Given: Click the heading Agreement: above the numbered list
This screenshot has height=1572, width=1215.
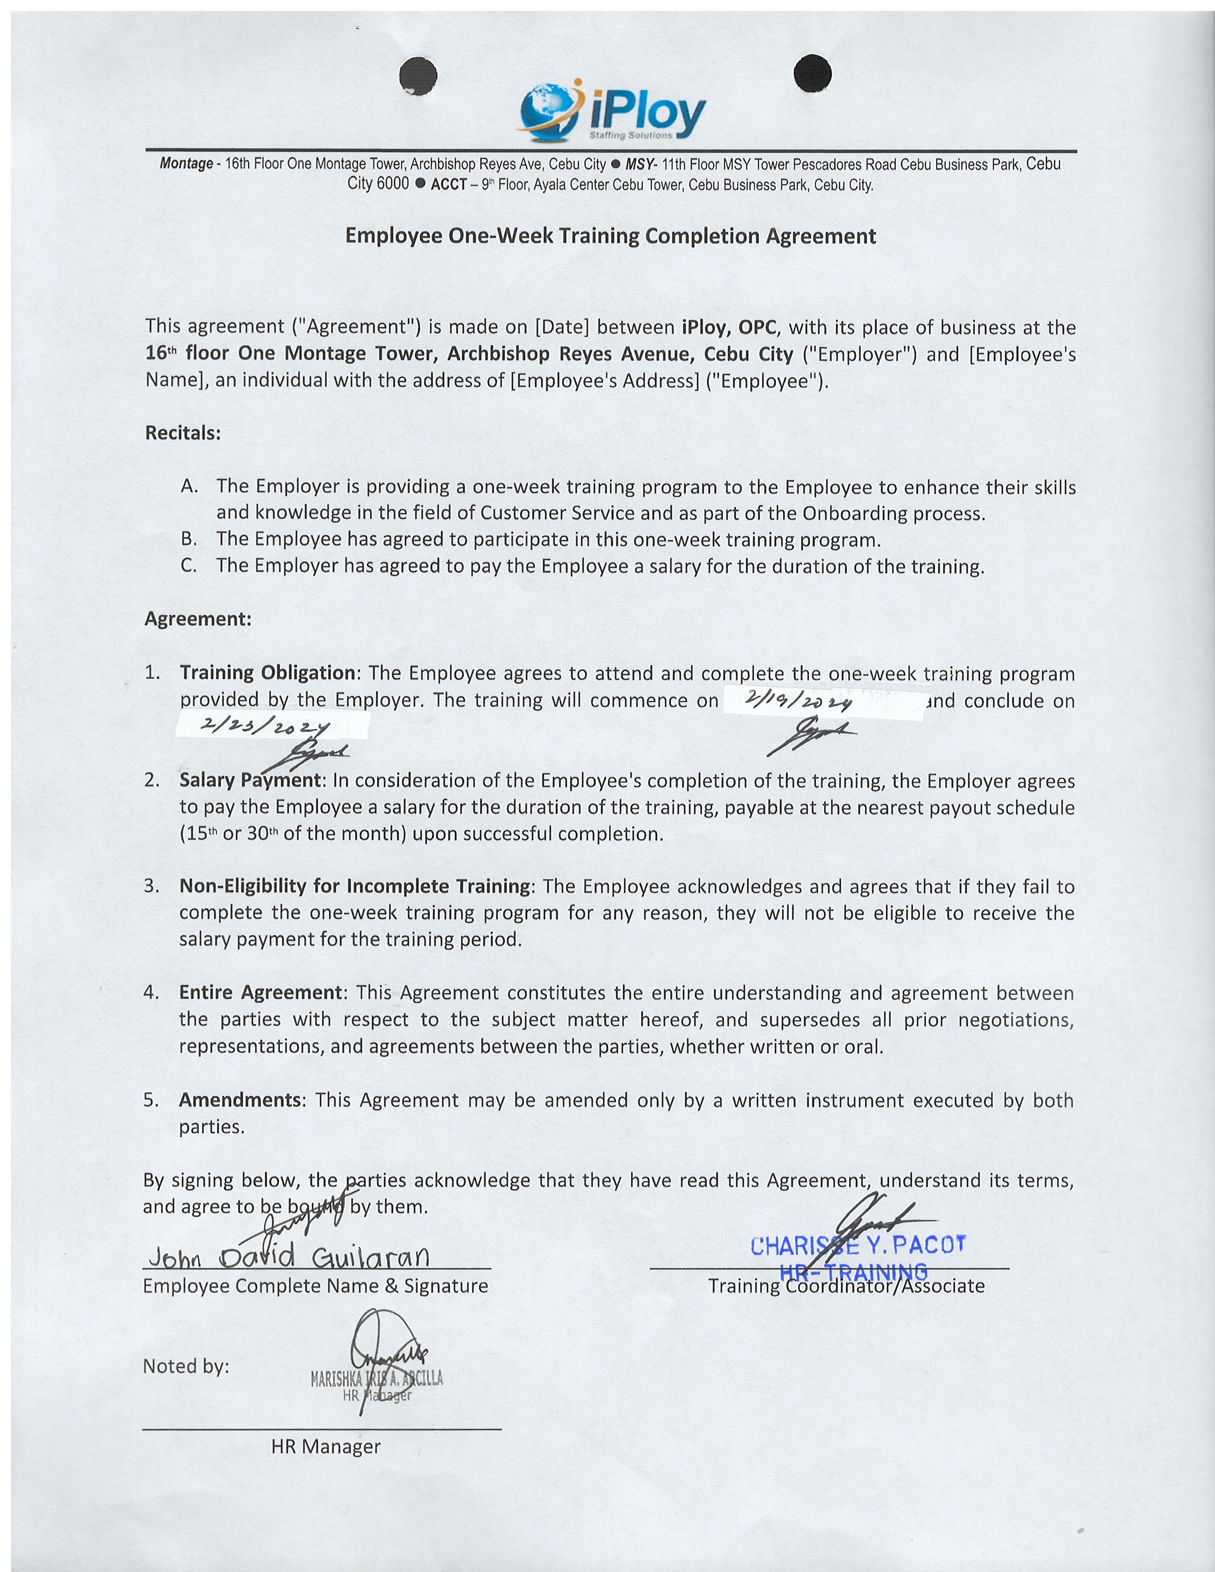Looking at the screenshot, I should click(198, 619).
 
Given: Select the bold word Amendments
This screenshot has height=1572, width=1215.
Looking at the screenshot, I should click(242, 1100).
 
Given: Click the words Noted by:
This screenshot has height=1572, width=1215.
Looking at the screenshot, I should click(186, 1366).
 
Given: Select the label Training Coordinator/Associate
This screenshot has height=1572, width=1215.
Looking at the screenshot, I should click(846, 1286).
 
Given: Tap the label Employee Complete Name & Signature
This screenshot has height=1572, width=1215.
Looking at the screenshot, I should click(315, 1286).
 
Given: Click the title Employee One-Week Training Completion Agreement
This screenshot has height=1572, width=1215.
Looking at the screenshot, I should click(610, 236).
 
